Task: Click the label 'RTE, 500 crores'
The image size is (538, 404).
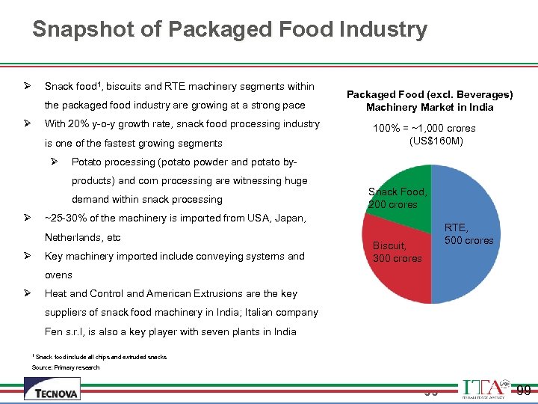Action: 469,233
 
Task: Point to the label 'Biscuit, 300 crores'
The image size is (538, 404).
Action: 397,251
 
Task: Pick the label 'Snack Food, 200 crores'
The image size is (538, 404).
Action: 398,198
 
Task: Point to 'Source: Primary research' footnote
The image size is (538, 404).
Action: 66,367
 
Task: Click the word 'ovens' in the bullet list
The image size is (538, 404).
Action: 58,275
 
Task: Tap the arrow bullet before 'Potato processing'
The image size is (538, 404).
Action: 55,162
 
